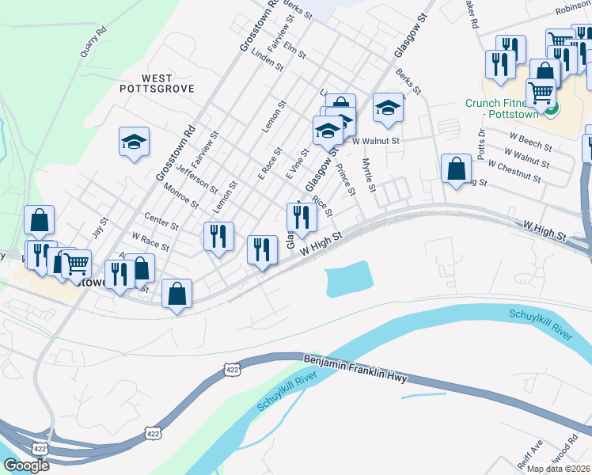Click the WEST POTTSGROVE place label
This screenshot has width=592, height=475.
[157, 83]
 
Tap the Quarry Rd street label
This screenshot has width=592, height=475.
[93, 45]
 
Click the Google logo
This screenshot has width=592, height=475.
[26, 465]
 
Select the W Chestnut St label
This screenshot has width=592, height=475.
[514, 172]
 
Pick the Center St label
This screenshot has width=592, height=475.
[161, 221]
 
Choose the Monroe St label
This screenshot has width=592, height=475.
[180, 196]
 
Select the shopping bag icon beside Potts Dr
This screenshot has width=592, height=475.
[456, 169]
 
